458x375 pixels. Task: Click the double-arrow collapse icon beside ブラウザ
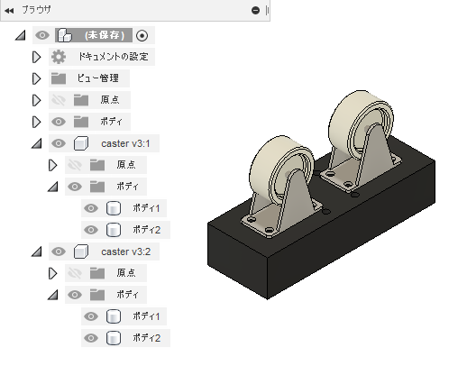point(9,11)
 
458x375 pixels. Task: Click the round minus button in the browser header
point(255,11)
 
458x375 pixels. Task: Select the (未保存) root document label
point(105,35)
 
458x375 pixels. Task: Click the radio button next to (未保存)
point(142,35)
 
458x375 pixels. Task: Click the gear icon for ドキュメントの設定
point(59,57)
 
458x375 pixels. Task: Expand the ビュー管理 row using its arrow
point(36,78)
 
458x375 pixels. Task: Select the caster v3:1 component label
point(125,143)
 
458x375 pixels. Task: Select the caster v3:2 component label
point(125,252)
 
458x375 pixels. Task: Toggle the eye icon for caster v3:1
point(59,143)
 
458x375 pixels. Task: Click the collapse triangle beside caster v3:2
point(37,252)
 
